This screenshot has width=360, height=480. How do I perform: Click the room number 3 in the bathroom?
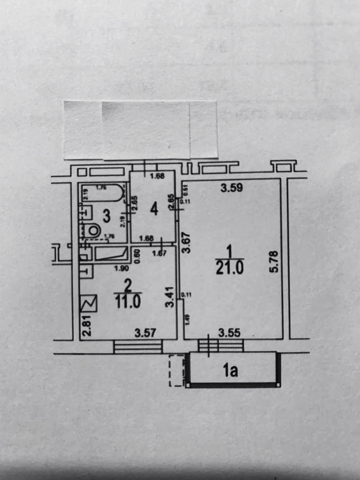coord(106,216)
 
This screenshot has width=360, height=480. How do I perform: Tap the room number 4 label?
coord(154,210)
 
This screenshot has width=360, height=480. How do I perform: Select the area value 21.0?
coord(229,268)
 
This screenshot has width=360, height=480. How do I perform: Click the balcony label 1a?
coord(230,371)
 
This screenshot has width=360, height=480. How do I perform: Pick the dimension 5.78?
coord(274,262)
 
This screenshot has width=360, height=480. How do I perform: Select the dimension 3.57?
coord(145,333)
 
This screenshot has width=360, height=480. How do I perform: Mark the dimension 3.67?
coord(186,243)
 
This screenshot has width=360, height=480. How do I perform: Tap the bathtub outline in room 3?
coord(103,193)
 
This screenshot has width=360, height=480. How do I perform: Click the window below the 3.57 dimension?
coord(138,346)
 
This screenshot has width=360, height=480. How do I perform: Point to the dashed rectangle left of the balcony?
coord(176,371)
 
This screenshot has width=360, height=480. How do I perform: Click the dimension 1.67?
coord(160,254)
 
